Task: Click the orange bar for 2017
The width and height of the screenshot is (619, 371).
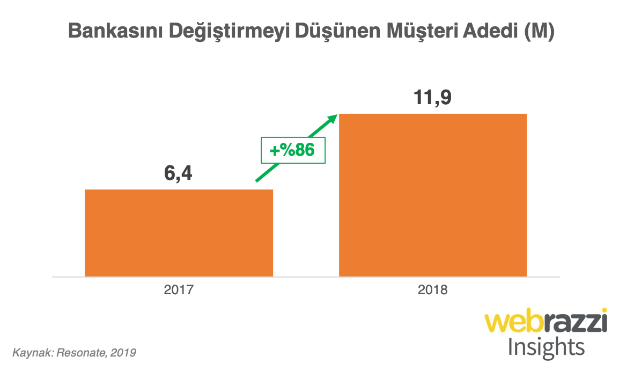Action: [x=179, y=232]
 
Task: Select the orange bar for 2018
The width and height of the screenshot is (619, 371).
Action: [x=433, y=195]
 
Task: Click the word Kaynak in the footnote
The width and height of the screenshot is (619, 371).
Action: [x=30, y=353]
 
